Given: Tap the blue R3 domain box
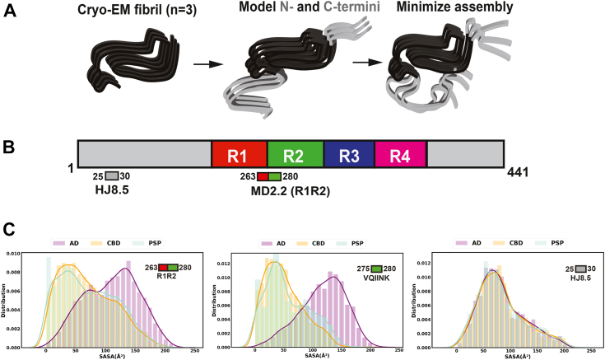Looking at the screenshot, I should pos(349,155).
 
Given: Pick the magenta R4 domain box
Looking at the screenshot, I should pos(400,155).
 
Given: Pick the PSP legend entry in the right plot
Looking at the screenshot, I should pos(556,245).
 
